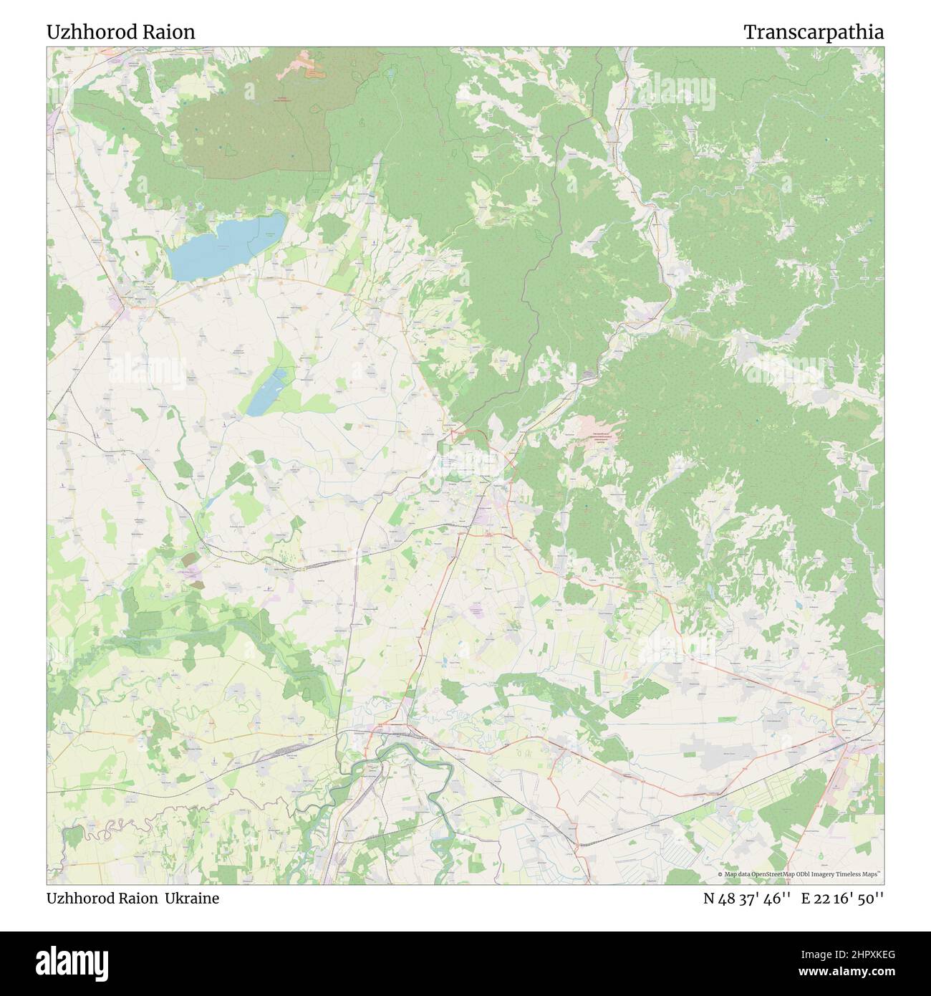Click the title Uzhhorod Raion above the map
(120, 32)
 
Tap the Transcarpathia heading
(813, 32)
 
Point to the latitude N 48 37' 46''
(746, 899)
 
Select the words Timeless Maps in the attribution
(862, 874)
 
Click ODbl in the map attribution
(796, 874)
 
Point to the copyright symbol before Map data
(720, 874)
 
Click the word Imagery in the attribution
(821, 874)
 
